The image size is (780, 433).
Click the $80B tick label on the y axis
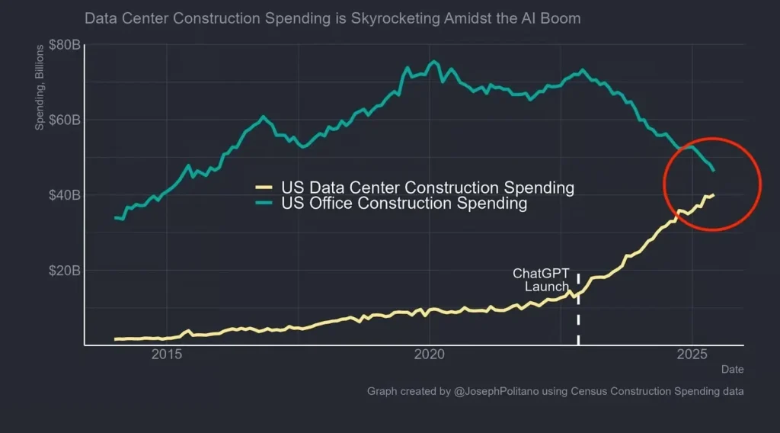[x=64, y=45]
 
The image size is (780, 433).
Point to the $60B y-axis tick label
[x=64, y=120]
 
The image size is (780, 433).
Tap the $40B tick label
[x=64, y=195]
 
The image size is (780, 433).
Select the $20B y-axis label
[x=64, y=271]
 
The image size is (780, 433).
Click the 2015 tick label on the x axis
[x=167, y=354]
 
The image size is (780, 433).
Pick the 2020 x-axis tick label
[x=430, y=354]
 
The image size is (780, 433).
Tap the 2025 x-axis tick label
[x=692, y=354]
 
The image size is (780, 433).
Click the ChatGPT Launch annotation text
[x=542, y=280]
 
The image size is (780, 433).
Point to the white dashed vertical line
[x=578, y=320]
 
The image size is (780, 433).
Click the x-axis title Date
[x=732, y=369]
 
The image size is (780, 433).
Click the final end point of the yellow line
[x=713, y=194]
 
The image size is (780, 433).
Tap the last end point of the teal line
[x=713, y=169]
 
